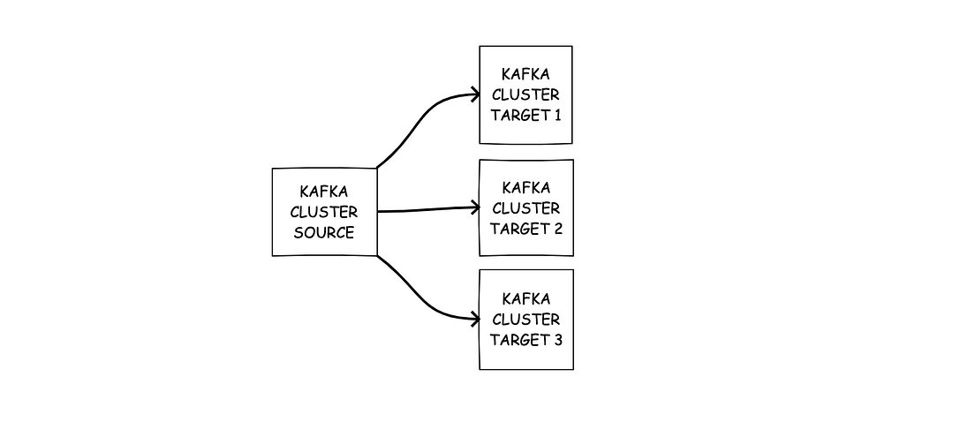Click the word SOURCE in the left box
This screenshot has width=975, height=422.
click(x=324, y=233)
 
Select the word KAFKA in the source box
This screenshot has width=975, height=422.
click(x=324, y=191)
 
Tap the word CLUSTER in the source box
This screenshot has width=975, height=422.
click(x=324, y=212)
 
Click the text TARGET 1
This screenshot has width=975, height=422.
click(x=525, y=116)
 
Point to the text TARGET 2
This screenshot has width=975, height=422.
click(x=525, y=229)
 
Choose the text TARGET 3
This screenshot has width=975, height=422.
click(x=525, y=340)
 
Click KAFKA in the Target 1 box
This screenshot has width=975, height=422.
click(x=525, y=74)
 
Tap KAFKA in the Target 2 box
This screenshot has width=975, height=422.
click(x=525, y=187)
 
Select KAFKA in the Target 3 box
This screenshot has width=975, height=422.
click(x=525, y=298)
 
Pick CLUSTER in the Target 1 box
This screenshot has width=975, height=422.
click(x=525, y=94)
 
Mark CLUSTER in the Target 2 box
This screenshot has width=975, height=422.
click(x=525, y=208)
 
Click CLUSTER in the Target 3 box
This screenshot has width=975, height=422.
click(x=525, y=319)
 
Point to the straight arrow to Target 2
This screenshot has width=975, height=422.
click(x=424, y=210)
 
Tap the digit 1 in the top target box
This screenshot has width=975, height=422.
click(x=557, y=116)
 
